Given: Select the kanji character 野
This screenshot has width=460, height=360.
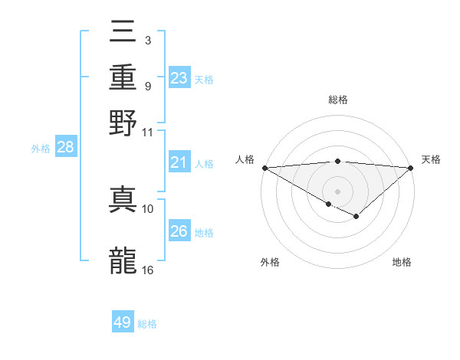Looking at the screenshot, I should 123,123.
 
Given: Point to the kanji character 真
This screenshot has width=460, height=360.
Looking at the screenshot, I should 123,198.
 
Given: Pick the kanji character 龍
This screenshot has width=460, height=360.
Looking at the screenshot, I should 123,259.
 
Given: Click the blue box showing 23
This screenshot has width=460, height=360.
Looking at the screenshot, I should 179,78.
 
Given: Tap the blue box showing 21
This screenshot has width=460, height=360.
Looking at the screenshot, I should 179,162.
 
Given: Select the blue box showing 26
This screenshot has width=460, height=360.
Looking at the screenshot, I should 179,231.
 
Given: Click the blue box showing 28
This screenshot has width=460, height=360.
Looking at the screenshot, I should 65,148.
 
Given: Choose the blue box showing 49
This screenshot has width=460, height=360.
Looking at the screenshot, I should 123,322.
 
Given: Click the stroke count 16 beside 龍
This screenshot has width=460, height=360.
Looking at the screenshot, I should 148,270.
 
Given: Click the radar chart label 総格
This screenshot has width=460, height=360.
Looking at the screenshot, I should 337,100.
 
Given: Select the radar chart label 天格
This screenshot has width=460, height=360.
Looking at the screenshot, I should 431,159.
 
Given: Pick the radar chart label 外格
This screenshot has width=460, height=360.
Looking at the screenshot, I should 270,262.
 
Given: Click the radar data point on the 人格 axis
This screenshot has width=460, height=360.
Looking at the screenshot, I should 264,167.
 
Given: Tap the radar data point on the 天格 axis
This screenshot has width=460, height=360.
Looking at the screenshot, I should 411,167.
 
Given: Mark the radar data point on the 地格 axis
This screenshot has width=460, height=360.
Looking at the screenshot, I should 356,217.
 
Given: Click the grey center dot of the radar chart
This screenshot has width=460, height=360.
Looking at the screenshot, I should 337,191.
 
